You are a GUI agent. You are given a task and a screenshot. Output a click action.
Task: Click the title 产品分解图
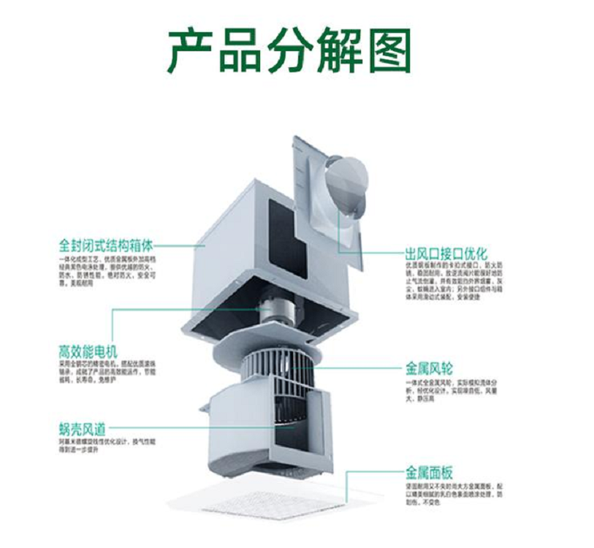(x=289, y=50)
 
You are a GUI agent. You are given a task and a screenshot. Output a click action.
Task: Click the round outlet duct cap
(x=348, y=180)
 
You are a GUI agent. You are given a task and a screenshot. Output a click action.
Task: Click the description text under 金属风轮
(x=453, y=391)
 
